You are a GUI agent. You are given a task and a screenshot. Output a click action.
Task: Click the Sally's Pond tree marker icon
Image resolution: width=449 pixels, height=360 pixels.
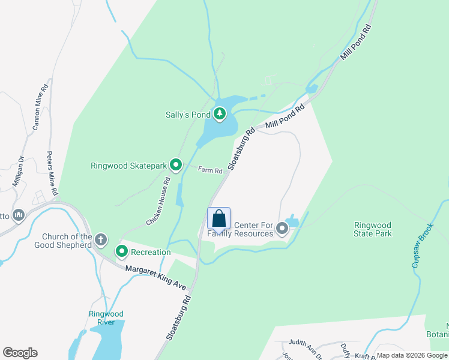click(220, 113)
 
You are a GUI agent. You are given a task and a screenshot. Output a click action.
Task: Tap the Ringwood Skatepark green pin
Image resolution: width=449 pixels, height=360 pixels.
click(176, 164)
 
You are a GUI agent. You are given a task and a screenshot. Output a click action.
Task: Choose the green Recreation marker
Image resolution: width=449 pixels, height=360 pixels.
click(122, 252)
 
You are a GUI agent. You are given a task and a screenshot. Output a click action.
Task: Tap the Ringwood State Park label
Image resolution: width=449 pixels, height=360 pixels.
click(373, 229)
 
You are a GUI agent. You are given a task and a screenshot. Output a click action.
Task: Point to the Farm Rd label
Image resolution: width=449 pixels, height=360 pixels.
click(211, 170)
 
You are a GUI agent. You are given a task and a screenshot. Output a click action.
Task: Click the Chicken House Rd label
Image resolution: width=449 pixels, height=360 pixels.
click(159, 202)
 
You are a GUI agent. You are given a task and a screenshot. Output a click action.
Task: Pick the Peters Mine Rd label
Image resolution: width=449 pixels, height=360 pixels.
click(53, 173)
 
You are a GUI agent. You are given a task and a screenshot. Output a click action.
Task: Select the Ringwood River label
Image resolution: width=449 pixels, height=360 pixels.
click(106, 318)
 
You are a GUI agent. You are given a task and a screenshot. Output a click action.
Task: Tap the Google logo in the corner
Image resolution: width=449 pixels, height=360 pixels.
click(20, 353)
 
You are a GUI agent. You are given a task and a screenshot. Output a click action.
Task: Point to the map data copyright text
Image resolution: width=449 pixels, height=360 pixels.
click(412, 355)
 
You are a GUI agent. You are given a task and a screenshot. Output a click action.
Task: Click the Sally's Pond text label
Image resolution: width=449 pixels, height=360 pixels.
click(188, 114)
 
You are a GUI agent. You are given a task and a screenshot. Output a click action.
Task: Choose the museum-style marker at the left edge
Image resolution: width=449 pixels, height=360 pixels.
click(19, 214)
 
